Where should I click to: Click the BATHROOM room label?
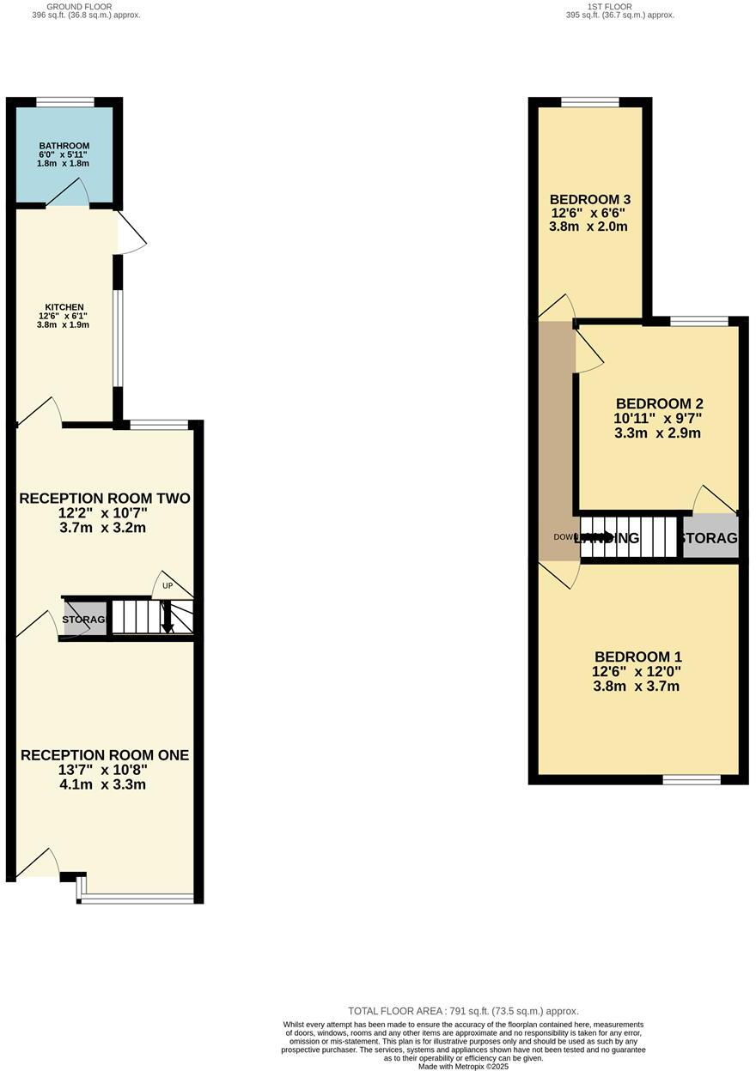click(64, 146)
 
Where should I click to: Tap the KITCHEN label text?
click(64, 307)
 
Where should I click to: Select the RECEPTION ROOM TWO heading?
click(105, 499)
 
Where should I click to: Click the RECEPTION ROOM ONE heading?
click(105, 755)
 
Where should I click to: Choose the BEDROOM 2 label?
click(660, 403)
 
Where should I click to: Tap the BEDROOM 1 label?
click(636, 657)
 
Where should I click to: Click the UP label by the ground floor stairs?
click(168, 586)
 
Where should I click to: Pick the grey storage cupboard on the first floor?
click(710, 538)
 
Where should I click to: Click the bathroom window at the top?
click(65, 102)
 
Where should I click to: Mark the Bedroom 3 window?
click(589, 102)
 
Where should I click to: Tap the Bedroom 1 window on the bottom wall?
click(692, 779)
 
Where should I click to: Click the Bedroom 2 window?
click(698, 321)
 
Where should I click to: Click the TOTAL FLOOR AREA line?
click(463, 1011)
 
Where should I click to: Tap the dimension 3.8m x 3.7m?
click(636, 687)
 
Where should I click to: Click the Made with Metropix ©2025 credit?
click(463, 1067)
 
